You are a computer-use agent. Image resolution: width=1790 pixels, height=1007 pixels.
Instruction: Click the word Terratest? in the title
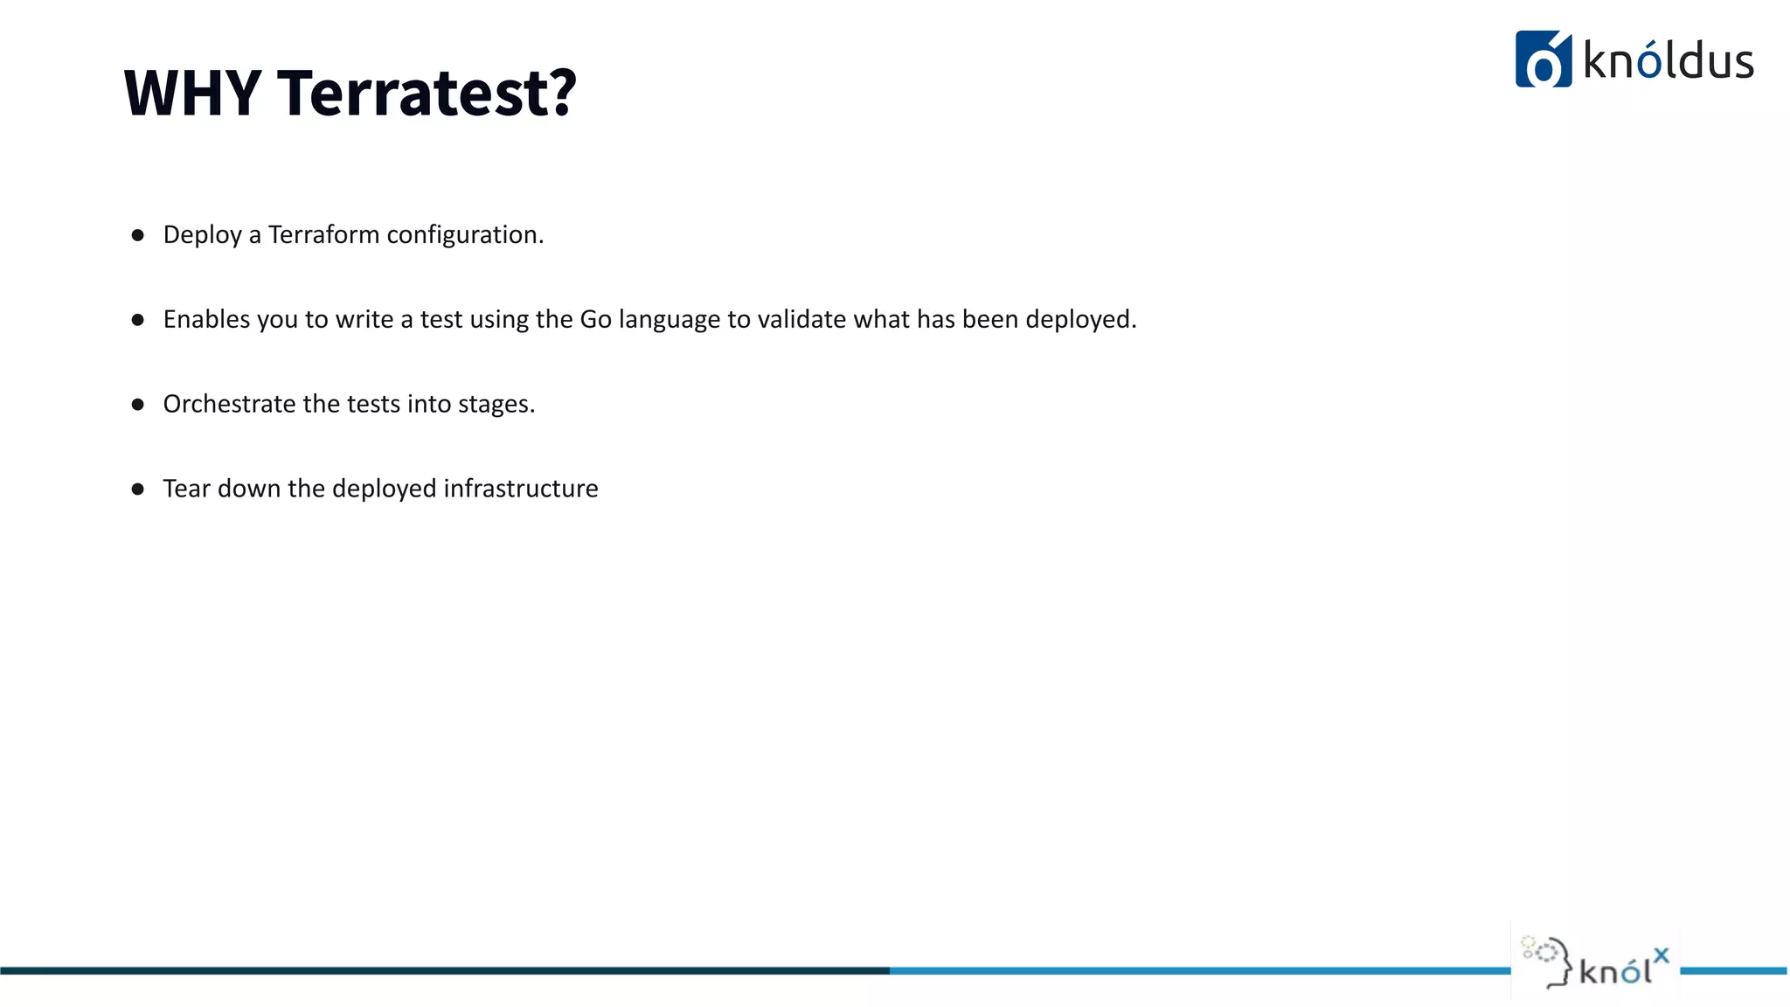(427, 93)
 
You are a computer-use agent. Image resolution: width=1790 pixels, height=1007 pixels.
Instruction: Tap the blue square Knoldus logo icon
(1543, 59)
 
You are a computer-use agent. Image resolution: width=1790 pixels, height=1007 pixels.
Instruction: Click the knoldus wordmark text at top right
(1668, 61)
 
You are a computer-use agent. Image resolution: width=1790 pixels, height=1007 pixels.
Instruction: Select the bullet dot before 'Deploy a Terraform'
(137, 235)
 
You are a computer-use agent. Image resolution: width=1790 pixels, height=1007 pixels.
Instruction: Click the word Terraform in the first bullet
(323, 234)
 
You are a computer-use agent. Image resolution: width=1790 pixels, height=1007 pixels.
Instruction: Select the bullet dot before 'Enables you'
(137, 320)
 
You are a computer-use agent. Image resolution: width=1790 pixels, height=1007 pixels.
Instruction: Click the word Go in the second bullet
(595, 319)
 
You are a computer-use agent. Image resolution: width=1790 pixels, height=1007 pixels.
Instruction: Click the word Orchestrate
(229, 404)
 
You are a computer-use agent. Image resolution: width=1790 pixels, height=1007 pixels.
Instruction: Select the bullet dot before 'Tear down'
(137, 489)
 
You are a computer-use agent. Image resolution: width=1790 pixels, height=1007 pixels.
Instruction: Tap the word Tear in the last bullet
(186, 488)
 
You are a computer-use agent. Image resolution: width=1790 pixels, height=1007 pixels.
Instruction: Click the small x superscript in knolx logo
(1661, 955)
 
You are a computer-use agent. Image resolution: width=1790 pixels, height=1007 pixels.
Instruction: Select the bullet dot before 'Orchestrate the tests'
(137, 404)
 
